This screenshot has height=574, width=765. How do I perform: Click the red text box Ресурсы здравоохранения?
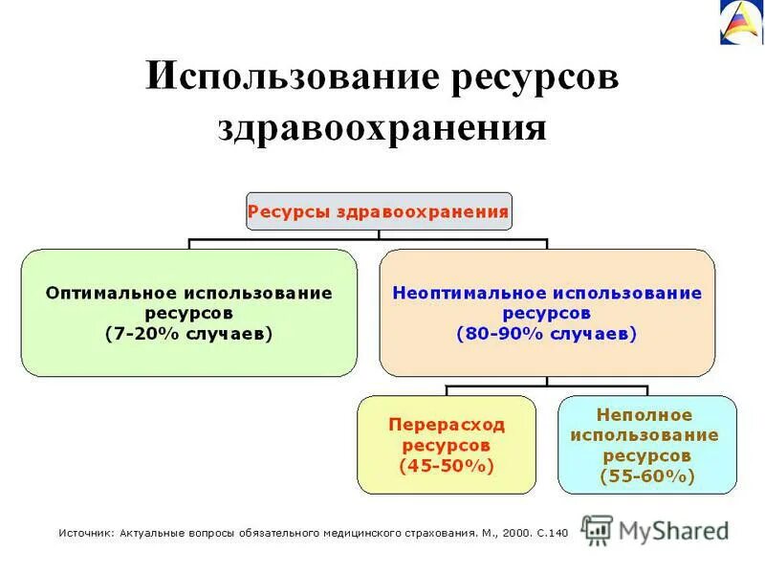coord(378,211)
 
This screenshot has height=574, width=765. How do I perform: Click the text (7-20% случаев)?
coord(189,334)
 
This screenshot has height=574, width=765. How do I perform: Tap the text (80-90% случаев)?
coord(547,334)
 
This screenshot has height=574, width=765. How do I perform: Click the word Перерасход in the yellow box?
coord(447,424)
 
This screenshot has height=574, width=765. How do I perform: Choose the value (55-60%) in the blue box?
coord(646,475)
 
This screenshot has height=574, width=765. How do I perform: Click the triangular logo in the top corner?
coord(741,21)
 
